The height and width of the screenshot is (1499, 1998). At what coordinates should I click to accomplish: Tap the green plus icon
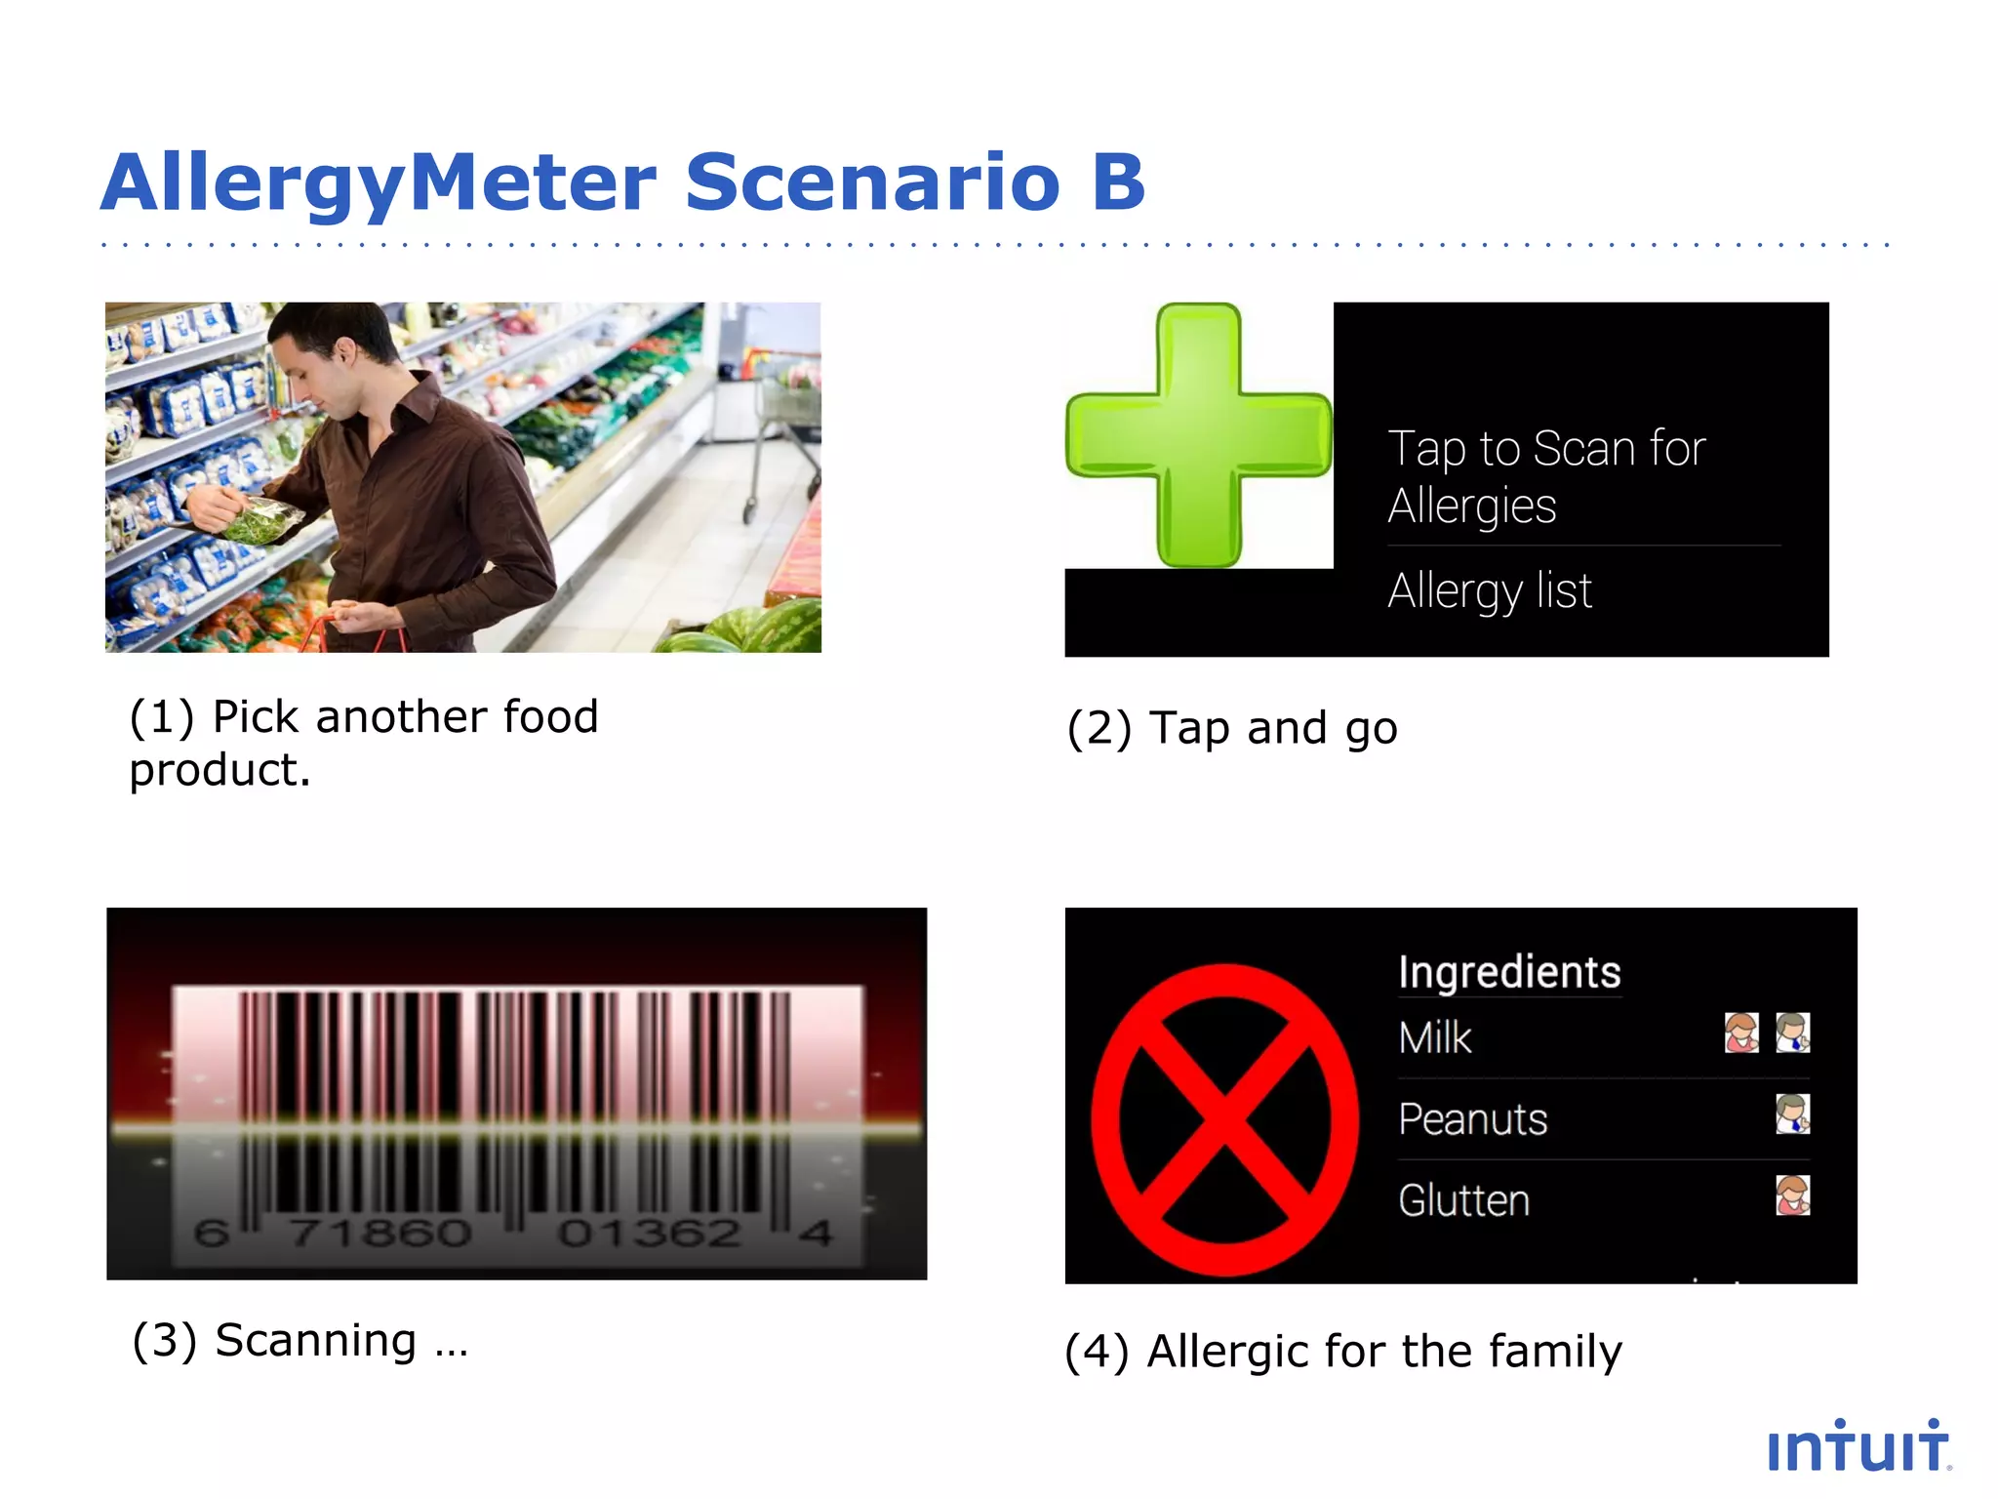click(x=1198, y=435)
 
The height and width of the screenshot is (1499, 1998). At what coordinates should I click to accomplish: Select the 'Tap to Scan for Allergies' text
click(x=1546, y=476)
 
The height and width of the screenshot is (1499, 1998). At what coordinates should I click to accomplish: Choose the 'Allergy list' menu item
click(x=1490, y=590)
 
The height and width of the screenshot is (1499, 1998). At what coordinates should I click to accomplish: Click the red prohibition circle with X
click(x=1224, y=1119)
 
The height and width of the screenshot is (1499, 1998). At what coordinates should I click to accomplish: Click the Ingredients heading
click(x=1509, y=972)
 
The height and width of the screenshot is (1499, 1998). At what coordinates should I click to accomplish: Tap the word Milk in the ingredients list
click(x=1434, y=1037)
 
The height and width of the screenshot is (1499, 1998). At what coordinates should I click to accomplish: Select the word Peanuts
click(x=1472, y=1118)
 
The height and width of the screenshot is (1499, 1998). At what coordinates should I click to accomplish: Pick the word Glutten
click(x=1463, y=1200)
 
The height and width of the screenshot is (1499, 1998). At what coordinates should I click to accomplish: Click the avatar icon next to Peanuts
click(x=1792, y=1114)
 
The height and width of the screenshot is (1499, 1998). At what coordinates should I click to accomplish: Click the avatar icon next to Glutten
click(x=1792, y=1195)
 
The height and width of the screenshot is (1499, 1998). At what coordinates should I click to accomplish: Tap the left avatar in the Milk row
click(x=1741, y=1033)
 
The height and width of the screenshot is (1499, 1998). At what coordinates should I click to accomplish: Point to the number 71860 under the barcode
click(x=380, y=1233)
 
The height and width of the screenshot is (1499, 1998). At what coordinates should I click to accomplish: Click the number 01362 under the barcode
click(x=649, y=1233)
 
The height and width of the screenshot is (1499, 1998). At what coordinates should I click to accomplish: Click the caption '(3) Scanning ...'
click(x=300, y=1340)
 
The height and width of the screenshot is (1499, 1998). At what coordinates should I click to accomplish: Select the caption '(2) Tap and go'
click(x=1231, y=728)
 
